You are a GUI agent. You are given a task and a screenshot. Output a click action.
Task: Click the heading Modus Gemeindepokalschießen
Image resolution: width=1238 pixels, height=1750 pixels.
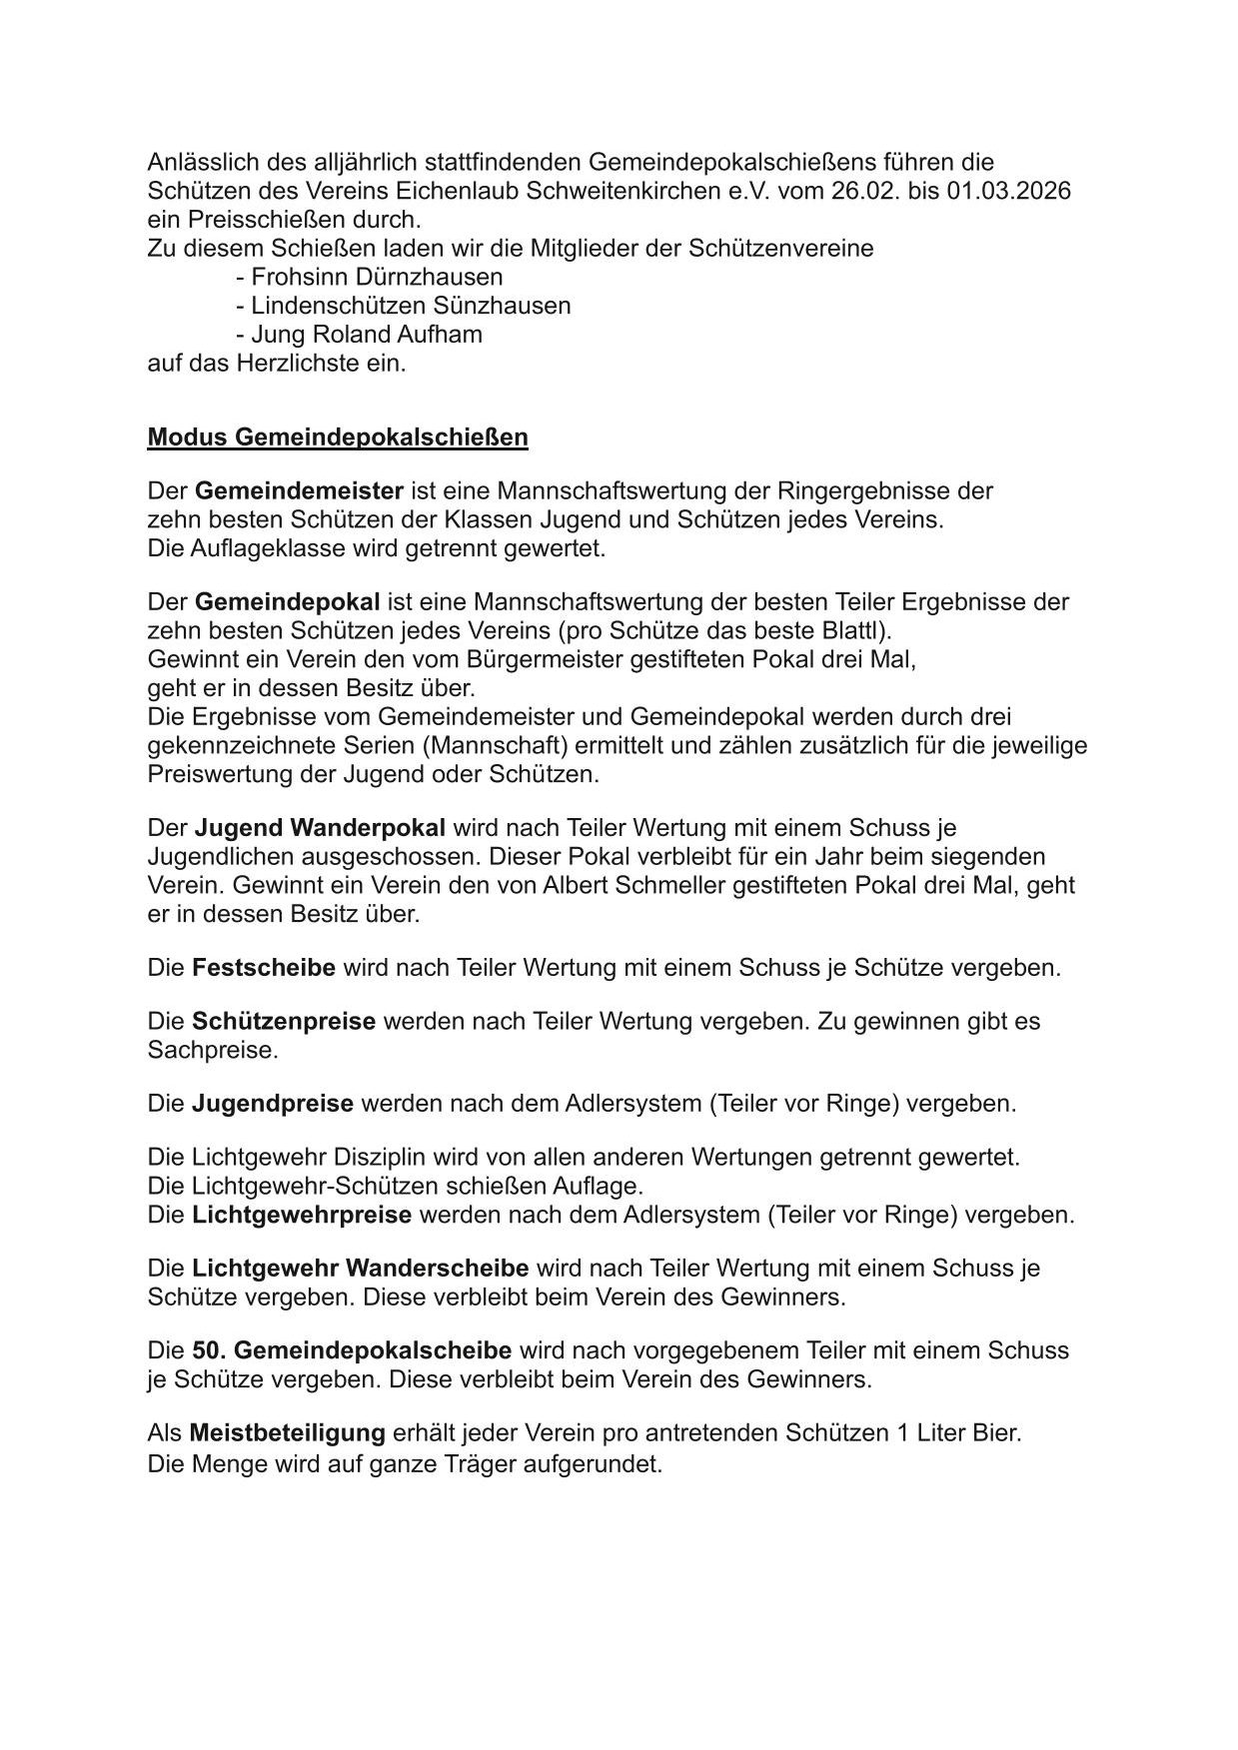337,437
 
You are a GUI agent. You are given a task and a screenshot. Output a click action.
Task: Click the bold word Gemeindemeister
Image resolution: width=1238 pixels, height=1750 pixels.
299,491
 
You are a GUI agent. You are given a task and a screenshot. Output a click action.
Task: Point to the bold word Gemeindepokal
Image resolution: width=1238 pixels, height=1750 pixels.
287,602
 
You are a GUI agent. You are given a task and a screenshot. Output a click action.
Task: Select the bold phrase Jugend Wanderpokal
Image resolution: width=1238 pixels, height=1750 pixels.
320,828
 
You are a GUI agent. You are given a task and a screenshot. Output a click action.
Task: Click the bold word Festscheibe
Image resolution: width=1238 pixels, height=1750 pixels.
264,968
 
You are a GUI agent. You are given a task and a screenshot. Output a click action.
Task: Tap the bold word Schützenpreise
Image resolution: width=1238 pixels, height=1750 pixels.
284,1022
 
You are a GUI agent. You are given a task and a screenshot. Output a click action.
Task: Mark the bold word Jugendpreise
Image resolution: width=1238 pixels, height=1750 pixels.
273,1104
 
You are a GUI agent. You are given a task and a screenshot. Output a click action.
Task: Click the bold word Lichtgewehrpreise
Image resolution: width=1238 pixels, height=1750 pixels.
302,1216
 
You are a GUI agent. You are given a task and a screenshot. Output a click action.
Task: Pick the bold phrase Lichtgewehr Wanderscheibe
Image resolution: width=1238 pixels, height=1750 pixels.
361,1269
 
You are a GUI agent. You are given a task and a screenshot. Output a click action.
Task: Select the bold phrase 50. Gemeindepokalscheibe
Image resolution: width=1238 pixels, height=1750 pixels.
352,1351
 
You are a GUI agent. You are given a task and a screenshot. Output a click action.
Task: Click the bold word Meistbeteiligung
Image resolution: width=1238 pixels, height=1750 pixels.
288,1433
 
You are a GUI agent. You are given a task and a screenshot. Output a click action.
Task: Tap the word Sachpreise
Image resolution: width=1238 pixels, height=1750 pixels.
212,1051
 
